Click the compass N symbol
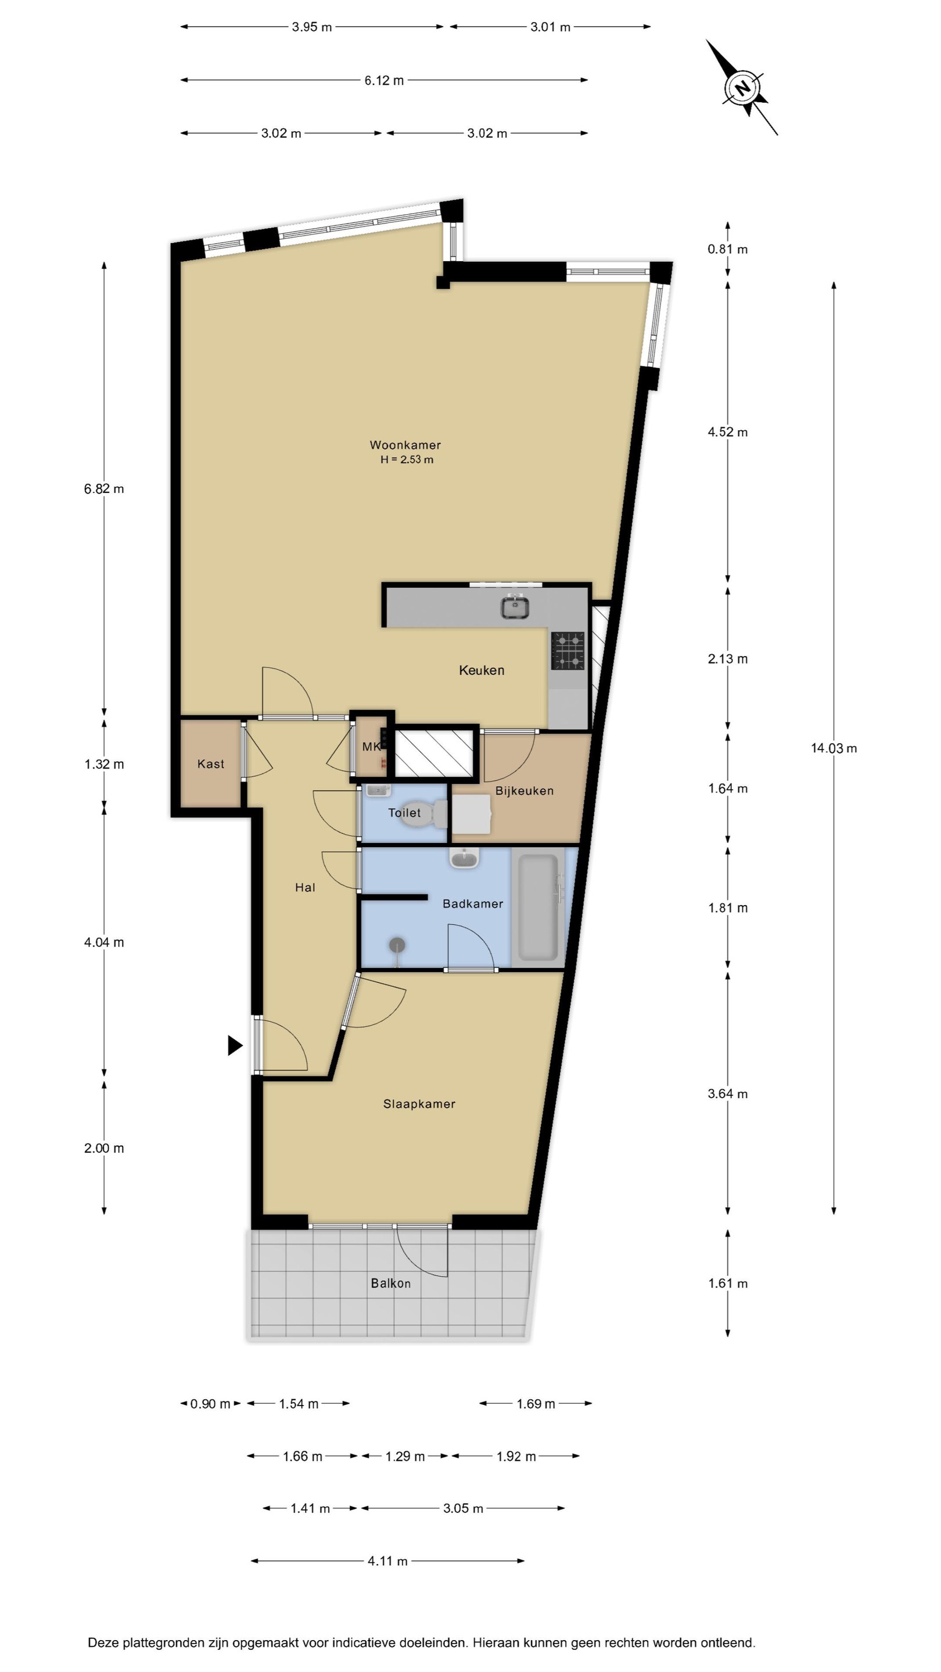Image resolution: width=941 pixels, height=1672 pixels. (x=742, y=88)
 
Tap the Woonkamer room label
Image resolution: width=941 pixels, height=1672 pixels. (x=405, y=445)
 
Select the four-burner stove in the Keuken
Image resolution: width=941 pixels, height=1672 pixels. (x=568, y=650)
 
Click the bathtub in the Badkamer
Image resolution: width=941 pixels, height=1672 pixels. (x=538, y=907)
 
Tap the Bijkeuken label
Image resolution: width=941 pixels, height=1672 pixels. (x=524, y=791)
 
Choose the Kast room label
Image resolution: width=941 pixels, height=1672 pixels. (x=211, y=764)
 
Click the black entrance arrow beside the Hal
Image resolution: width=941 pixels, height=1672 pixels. (x=235, y=1046)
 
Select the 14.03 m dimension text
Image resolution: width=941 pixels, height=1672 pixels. (x=834, y=748)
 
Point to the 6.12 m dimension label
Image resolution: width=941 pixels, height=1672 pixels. (x=384, y=81)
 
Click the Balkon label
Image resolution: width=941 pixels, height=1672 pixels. (x=391, y=1283)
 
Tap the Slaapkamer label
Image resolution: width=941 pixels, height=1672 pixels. (x=419, y=1104)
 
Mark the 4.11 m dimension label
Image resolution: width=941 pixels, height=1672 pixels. (x=387, y=1561)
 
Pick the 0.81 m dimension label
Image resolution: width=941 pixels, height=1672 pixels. (x=727, y=249)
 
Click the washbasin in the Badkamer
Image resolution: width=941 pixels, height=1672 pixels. (x=464, y=858)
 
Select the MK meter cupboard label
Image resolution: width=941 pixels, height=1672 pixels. (x=371, y=747)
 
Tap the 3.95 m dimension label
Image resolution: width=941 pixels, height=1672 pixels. (x=312, y=27)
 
